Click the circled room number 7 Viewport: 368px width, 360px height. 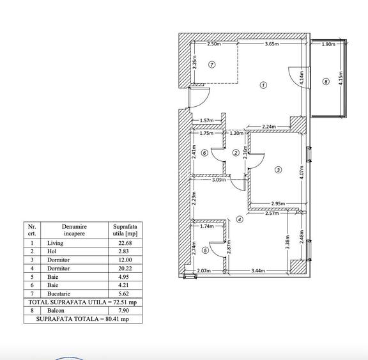pyautogui.click(x=212, y=65)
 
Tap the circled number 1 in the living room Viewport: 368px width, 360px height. pyautogui.click(x=263, y=85)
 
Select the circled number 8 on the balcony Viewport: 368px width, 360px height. pyautogui.click(x=326, y=82)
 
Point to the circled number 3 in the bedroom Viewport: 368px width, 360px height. pyautogui.click(x=278, y=169)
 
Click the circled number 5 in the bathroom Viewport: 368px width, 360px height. pyautogui.click(x=205, y=250)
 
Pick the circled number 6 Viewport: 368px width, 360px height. pyautogui.click(x=204, y=153)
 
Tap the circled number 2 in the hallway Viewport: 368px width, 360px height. pyautogui.click(x=236, y=153)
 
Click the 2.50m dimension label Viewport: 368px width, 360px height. pyautogui.click(x=214, y=44)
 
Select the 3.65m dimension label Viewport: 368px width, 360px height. pyautogui.click(x=272, y=44)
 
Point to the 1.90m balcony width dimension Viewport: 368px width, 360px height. pyautogui.click(x=328, y=44)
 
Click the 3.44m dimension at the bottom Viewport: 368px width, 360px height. pyautogui.click(x=258, y=270)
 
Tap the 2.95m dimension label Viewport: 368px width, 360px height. pyautogui.click(x=278, y=203)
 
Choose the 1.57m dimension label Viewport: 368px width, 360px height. pyautogui.click(x=207, y=121)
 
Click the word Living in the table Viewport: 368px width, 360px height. pyautogui.click(x=55, y=243)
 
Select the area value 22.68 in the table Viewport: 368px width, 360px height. pyautogui.click(x=125, y=243)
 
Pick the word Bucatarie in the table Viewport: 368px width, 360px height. pyautogui.click(x=59, y=293)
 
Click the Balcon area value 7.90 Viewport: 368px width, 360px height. pyautogui.click(x=124, y=311)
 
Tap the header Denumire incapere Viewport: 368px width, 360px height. pyautogui.click(x=74, y=230)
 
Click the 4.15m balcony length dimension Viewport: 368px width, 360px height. pyautogui.click(x=341, y=79)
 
